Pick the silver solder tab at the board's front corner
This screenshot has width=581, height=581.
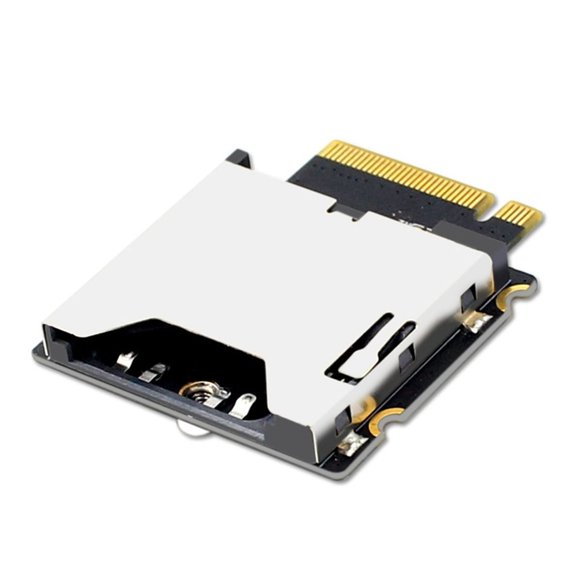tap(352, 445)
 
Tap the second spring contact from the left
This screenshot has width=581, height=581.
tap(153, 372)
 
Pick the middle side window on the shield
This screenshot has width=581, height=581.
tap(407, 358)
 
